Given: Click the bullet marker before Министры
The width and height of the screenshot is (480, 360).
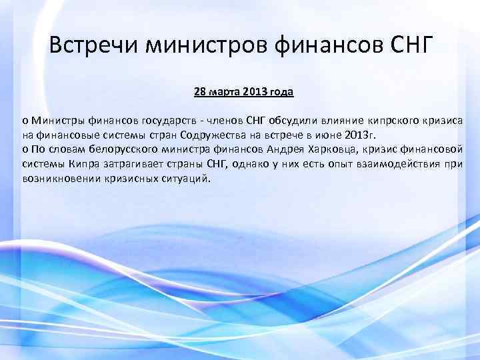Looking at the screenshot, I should coord(25,120).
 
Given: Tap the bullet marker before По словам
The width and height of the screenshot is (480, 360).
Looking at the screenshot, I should coord(25,149).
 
